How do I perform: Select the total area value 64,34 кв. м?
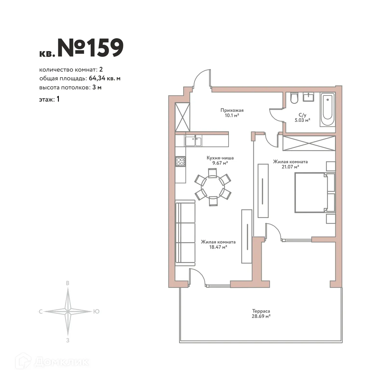point(104,78)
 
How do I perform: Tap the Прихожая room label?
point(230,110)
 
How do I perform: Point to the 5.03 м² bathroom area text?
point(302,120)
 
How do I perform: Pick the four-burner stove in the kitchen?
point(180,162)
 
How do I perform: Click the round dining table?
point(213,187)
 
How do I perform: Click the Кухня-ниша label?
point(220,158)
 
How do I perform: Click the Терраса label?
point(261,311)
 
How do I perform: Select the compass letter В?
point(68,283)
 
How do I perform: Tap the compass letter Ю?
point(96,311)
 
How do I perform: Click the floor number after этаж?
point(58,99)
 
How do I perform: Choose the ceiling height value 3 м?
point(97,87)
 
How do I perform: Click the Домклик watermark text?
point(61,362)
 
